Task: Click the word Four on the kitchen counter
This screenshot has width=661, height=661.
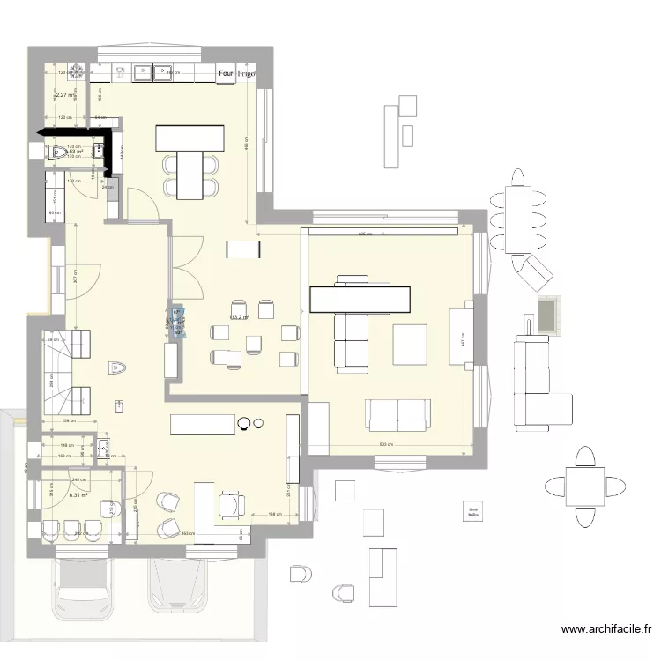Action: click(x=226, y=75)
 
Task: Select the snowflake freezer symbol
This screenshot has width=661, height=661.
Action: click(x=78, y=71)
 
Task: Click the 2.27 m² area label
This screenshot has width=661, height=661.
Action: click(x=65, y=95)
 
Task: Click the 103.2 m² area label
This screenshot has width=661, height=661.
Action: click(x=239, y=317)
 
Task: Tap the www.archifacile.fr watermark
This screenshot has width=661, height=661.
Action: click(x=606, y=630)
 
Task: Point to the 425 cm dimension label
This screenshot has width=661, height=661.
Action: click(x=364, y=234)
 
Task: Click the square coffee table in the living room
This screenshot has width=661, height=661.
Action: click(x=410, y=344)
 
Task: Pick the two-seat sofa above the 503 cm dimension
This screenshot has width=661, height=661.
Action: click(x=399, y=414)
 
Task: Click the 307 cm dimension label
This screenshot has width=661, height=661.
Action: click(x=77, y=274)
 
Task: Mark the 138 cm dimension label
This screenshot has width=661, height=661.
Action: click(x=274, y=514)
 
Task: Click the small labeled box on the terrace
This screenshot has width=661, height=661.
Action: click(x=473, y=512)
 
